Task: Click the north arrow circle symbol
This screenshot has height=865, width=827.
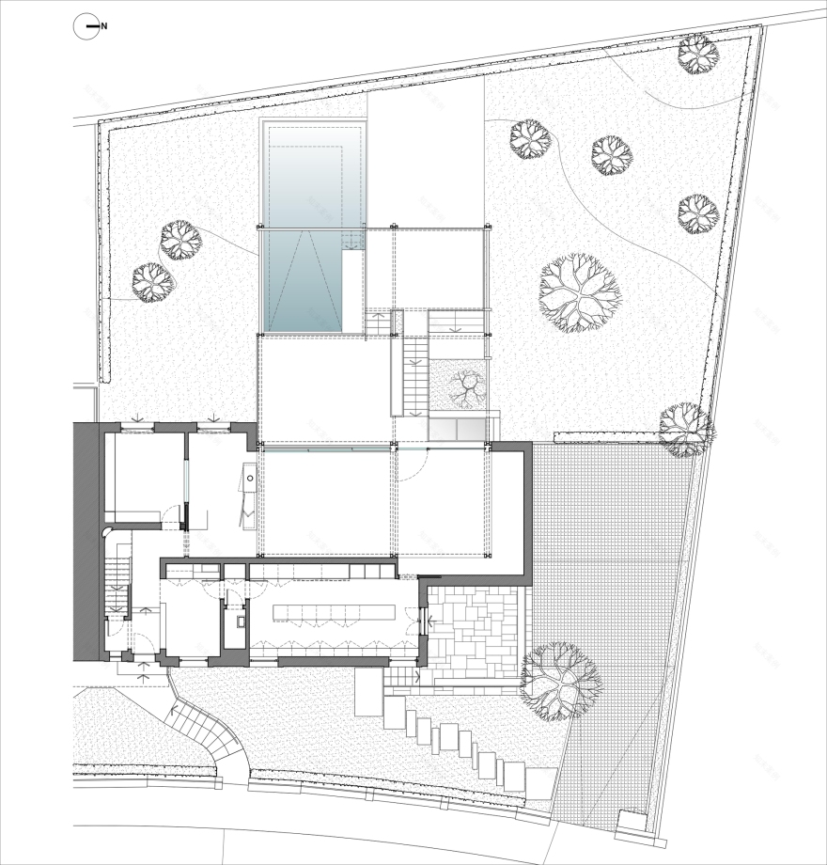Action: click(86, 27)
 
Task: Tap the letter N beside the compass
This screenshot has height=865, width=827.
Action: click(104, 27)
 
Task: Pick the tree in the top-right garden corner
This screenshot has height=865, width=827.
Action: click(698, 55)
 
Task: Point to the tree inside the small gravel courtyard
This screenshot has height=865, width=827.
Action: click(463, 386)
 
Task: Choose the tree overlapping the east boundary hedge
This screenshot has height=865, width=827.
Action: click(685, 430)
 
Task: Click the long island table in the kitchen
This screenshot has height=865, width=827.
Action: click(334, 613)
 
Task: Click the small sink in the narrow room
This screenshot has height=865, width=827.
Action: click(237, 621)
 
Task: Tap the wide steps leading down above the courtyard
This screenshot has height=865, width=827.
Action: click(456, 322)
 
